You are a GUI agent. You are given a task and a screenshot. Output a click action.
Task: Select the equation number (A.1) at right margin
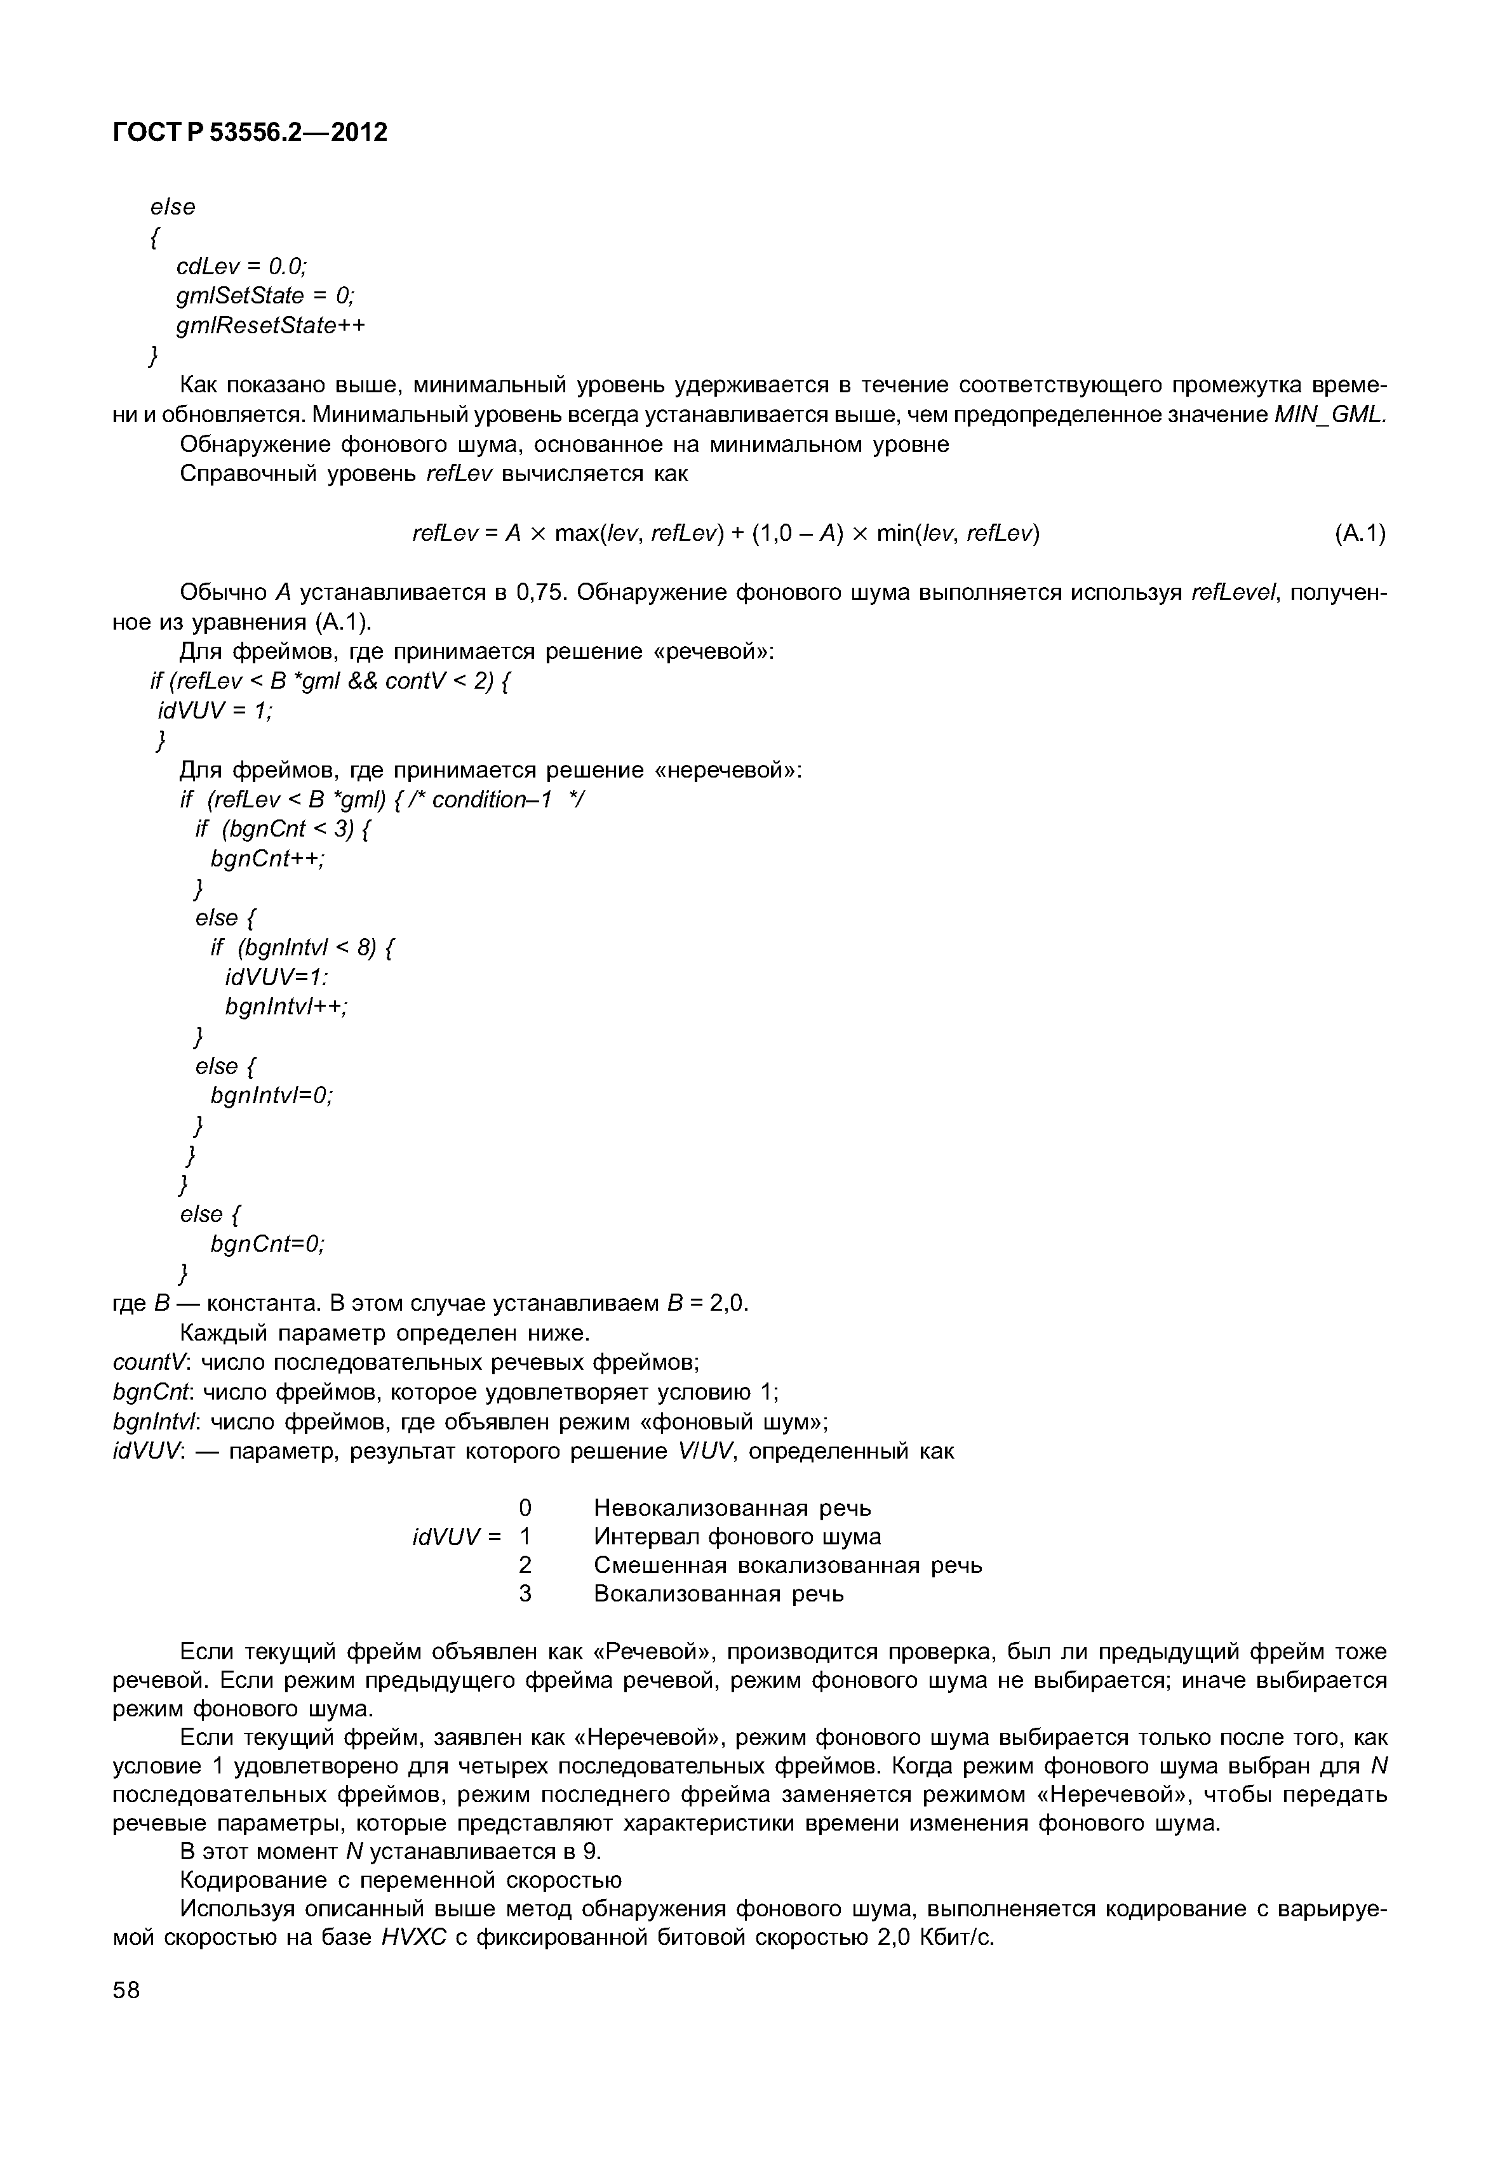[1359, 534]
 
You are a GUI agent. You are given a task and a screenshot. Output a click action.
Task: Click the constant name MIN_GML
[1329, 414]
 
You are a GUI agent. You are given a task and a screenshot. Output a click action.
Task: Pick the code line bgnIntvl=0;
[272, 1096]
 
